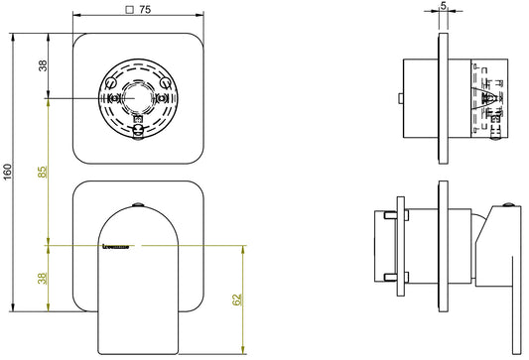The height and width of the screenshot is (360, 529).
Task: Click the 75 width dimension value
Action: click(x=144, y=11)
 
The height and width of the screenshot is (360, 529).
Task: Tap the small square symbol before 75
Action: click(x=130, y=11)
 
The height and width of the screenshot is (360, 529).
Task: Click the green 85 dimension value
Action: click(x=44, y=171)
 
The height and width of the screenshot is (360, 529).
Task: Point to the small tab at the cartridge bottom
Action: click(x=139, y=126)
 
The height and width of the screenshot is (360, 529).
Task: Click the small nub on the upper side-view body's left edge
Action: click(x=397, y=99)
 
